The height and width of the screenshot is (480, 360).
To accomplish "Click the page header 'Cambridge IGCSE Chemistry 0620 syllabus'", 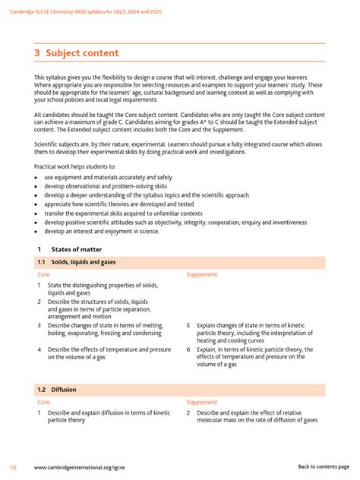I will [99, 12].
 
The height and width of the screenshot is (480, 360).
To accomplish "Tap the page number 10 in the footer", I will [13, 466].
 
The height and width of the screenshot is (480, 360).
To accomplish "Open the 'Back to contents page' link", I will [324, 466].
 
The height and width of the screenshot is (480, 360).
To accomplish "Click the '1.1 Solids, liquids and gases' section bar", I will [180, 262].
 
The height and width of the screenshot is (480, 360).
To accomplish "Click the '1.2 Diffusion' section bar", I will [180, 390].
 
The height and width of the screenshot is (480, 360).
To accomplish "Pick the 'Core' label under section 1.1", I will [44, 275].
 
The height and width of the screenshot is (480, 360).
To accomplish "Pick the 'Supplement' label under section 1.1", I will [202, 275].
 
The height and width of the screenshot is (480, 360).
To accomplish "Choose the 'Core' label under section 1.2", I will [44, 403].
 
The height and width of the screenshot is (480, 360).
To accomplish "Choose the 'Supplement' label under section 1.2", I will [202, 403].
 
